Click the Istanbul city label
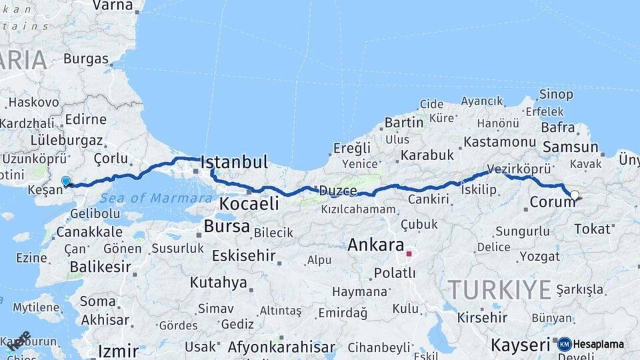tap(234, 162)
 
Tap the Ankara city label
tap(375, 245)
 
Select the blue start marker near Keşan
tap(66, 181)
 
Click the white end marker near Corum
tap(574, 195)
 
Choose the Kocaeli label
tap(249, 204)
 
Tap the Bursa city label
tap(227, 227)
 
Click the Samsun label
tap(571, 147)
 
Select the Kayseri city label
tap(520, 345)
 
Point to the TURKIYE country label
tap(499, 290)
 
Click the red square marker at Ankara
tap(409, 254)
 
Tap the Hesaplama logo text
tap(598, 344)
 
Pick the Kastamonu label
tap(499, 142)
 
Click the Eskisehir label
tap(243, 255)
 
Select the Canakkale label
tap(89, 232)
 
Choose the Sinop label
tap(555, 95)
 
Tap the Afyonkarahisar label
tap(281, 347)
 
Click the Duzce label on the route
tap(337, 190)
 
